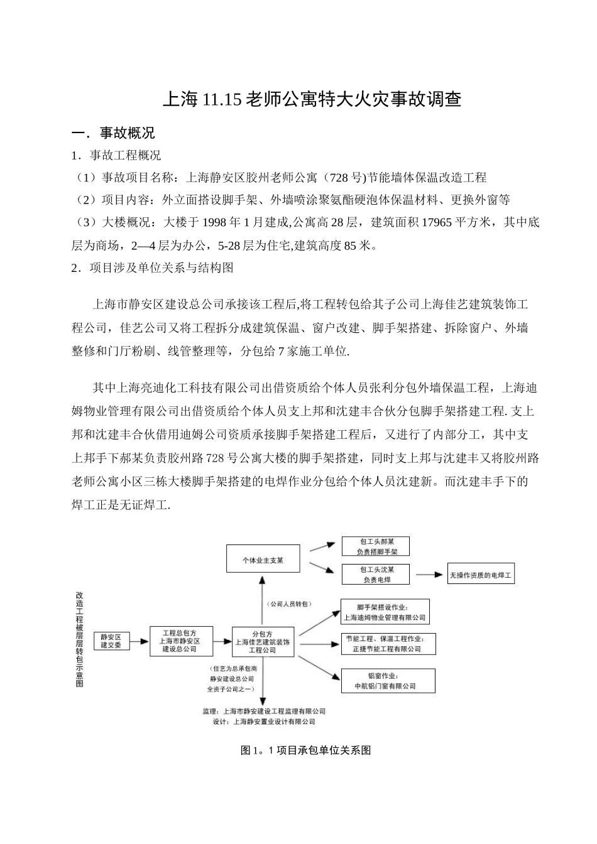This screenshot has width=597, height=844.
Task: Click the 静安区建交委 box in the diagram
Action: click(x=111, y=641)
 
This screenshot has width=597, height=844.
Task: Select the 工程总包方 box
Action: click(x=181, y=641)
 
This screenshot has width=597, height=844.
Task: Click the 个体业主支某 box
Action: click(x=263, y=559)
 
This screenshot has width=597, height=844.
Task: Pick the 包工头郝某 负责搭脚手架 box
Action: click(x=376, y=546)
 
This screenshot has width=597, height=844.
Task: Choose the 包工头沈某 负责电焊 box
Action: click(x=376, y=575)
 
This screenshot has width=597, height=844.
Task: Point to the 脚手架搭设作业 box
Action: click(x=384, y=612)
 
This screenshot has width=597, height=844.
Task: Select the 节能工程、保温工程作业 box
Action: click(x=384, y=644)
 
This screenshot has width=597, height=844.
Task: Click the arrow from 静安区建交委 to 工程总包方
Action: click(x=140, y=641)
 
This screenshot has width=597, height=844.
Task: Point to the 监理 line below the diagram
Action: click(x=264, y=711)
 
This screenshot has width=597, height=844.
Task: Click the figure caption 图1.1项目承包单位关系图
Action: click(x=306, y=750)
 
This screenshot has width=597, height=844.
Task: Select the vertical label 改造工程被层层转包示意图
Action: click(x=79, y=639)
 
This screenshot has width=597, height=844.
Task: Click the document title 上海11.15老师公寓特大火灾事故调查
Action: click(x=312, y=99)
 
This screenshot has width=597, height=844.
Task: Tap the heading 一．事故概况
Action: click(x=114, y=133)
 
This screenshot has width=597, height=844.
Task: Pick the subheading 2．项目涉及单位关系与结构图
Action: click(x=153, y=268)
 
